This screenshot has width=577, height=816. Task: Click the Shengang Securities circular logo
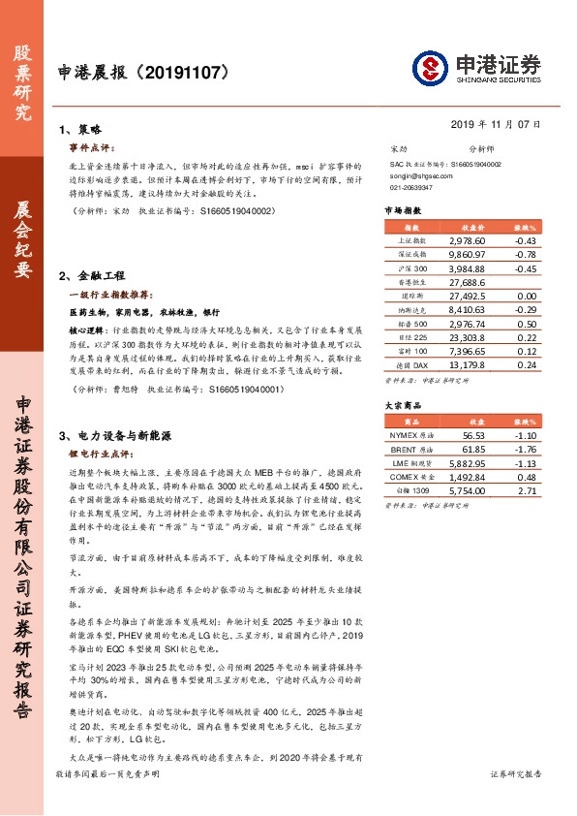pyautogui.click(x=430, y=68)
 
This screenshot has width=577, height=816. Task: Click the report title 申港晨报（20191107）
pyautogui.click(x=143, y=71)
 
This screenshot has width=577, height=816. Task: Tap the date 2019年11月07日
pyautogui.click(x=496, y=124)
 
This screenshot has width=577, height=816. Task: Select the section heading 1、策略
pyautogui.click(x=80, y=129)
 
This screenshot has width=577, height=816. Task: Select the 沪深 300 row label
pyautogui.click(x=412, y=267)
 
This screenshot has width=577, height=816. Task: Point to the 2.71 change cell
pyautogui.click(x=527, y=492)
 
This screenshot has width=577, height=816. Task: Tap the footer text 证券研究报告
pyautogui.click(x=516, y=800)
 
